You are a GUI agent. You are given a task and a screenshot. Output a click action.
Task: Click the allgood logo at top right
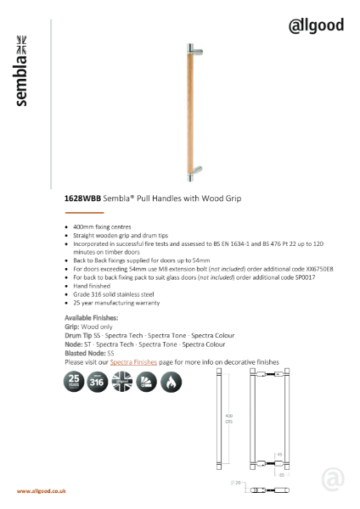[315, 25]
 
